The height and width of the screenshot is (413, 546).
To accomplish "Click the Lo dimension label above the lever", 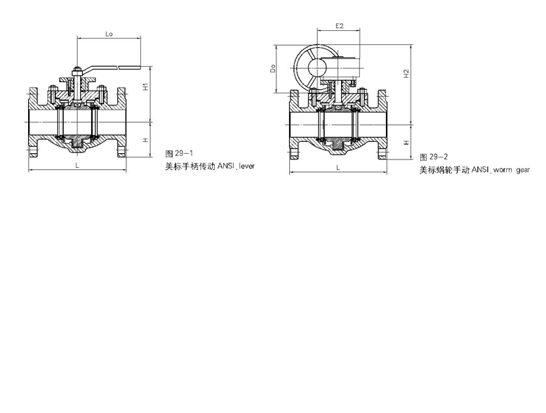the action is (109, 34).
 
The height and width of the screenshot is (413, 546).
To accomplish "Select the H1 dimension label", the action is (146, 86).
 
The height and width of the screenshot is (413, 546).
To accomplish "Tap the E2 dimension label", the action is (340, 25).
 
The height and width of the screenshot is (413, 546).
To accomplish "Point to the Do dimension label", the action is (273, 68).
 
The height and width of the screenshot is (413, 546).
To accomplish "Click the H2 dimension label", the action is (406, 74).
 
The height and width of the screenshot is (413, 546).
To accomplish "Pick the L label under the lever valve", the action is (77, 166).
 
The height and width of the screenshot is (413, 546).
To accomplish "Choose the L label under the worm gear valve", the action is (338, 168).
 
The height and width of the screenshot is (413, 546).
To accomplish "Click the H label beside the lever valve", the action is (146, 140).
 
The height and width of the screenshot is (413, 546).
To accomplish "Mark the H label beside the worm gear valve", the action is (406, 143).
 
